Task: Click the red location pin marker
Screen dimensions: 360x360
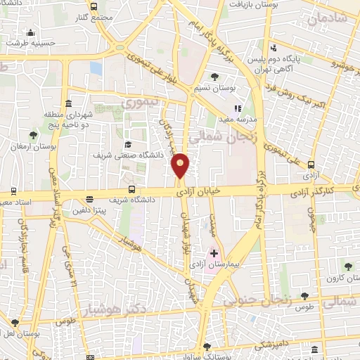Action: click(x=181, y=165)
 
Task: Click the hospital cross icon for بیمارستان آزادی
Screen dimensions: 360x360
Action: click(x=214, y=252)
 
